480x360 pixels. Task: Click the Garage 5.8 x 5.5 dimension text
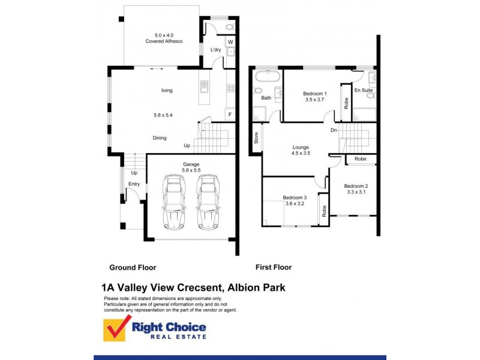point(191,171)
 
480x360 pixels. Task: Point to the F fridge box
point(229,113)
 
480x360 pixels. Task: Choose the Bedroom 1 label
point(314,94)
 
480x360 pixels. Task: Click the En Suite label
point(364,90)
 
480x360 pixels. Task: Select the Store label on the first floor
point(256,139)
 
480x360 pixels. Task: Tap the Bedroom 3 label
point(295,198)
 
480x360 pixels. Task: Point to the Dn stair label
point(333,130)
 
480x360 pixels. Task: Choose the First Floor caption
point(274,268)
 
